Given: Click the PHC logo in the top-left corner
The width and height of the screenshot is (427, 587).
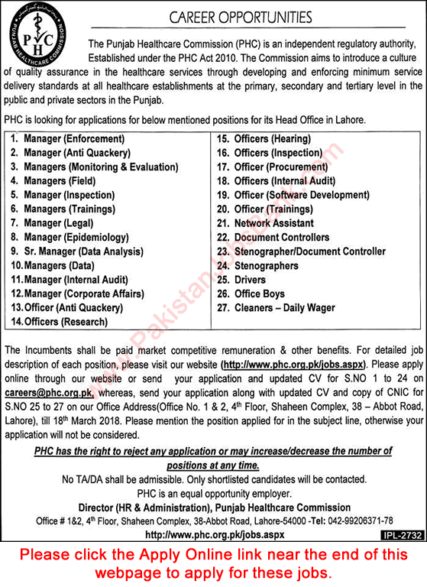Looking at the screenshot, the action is coord(43,41).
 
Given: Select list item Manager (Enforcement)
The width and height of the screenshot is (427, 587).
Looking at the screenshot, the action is coord(73,139).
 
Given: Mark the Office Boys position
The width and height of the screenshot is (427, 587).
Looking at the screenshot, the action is coord(260,293).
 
